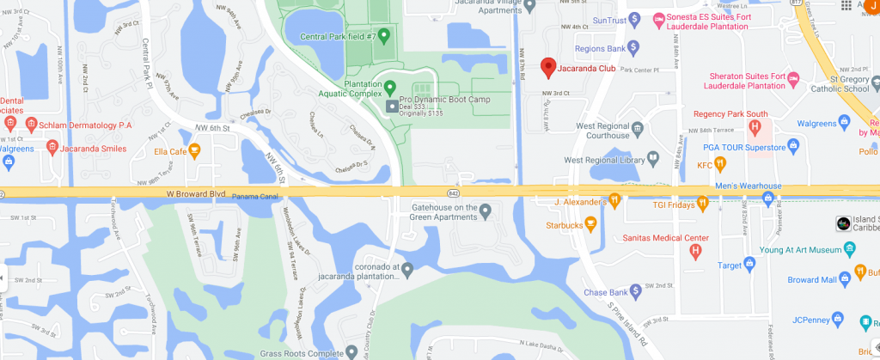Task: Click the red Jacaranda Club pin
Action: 547,66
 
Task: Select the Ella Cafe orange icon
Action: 194,152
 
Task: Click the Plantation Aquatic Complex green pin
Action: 389,87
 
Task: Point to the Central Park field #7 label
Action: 338,36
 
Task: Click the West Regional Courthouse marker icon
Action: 638,130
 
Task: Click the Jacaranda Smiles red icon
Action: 52,149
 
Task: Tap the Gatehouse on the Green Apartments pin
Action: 485,211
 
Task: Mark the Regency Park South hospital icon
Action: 755,128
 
